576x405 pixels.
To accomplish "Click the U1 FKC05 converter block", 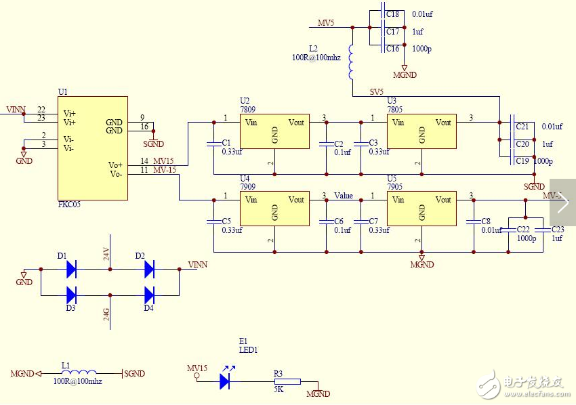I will point(92,148).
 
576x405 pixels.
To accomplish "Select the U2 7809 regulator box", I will point(274,131).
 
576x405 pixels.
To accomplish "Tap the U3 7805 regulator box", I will point(421,131).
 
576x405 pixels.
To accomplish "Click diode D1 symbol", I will point(70,270).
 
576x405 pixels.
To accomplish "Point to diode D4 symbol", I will point(149,295).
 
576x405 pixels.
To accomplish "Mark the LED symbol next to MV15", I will point(225,381).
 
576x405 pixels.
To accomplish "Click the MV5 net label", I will point(326,23).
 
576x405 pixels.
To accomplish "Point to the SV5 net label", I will point(376,91).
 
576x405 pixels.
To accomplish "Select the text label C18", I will point(392,14).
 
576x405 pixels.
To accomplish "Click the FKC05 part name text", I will point(70,204).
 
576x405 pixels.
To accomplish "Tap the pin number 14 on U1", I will point(144,161).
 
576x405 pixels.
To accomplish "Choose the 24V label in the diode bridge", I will point(106,254).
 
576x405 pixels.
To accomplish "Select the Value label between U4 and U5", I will point(344,196).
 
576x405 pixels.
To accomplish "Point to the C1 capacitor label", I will point(226,143).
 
